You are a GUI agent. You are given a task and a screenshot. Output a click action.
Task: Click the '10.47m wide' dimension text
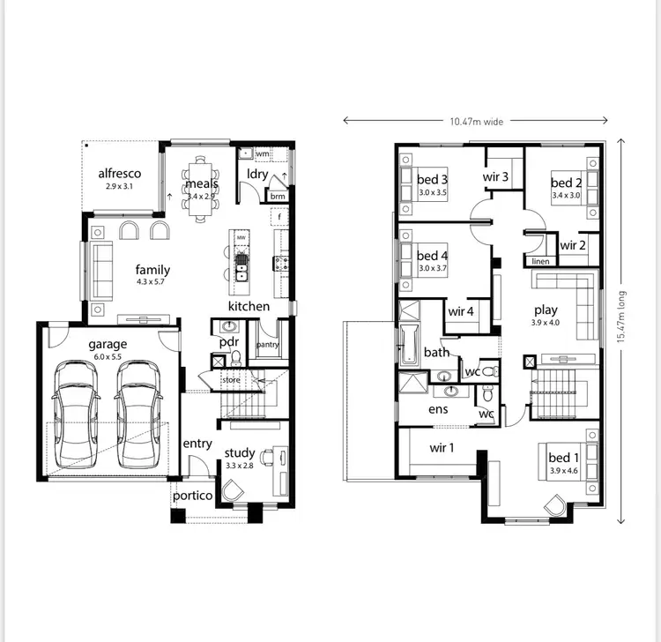(x=476, y=122)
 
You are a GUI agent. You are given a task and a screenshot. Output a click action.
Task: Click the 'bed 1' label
(x=563, y=458)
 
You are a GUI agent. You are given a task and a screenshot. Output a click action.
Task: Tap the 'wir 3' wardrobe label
(x=495, y=176)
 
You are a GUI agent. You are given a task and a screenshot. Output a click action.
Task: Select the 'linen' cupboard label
(x=540, y=262)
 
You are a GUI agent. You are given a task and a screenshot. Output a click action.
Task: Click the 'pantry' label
(x=267, y=345)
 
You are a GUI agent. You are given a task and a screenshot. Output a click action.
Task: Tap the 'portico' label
(x=192, y=496)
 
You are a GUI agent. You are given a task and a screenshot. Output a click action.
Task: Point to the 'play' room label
(x=546, y=310)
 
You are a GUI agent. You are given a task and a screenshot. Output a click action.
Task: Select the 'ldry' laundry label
(x=257, y=174)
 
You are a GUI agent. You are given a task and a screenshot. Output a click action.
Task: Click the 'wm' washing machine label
(x=262, y=154)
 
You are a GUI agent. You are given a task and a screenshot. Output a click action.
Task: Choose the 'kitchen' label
(x=249, y=306)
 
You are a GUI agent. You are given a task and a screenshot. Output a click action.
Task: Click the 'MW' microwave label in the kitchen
(x=241, y=237)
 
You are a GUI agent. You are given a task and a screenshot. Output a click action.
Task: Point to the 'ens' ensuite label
(x=438, y=409)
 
